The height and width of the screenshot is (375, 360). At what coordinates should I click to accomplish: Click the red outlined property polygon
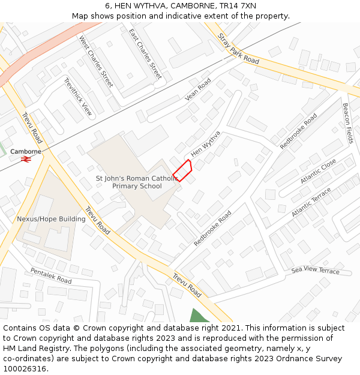[183, 170]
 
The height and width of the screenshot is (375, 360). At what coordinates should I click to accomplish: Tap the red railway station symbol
[26, 159]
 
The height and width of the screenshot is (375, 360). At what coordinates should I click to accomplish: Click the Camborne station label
[26, 151]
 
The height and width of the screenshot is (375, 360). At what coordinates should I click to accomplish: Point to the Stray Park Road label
[238, 49]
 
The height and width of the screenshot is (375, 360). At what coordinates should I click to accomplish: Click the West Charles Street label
[96, 61]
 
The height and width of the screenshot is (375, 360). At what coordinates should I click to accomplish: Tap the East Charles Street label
[145, 54]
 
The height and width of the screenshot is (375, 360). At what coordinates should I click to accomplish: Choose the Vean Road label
[198, 89]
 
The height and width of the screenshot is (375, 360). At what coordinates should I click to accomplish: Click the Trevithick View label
[79, 96]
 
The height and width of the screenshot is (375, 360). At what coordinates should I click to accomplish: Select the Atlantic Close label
[319, 172]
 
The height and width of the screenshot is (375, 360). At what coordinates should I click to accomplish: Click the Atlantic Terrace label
[311, 202]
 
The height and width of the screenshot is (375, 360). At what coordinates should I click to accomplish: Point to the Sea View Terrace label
[315, 271]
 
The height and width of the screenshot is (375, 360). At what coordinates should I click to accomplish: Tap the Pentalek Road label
[51, 276]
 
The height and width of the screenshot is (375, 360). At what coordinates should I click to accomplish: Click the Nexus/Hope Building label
[51, 219]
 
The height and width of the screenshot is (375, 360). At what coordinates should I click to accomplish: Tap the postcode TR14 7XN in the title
[238, 6]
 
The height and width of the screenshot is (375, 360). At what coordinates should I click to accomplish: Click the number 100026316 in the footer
[25, 368]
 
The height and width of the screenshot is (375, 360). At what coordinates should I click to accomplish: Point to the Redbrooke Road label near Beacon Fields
[298, 131]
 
